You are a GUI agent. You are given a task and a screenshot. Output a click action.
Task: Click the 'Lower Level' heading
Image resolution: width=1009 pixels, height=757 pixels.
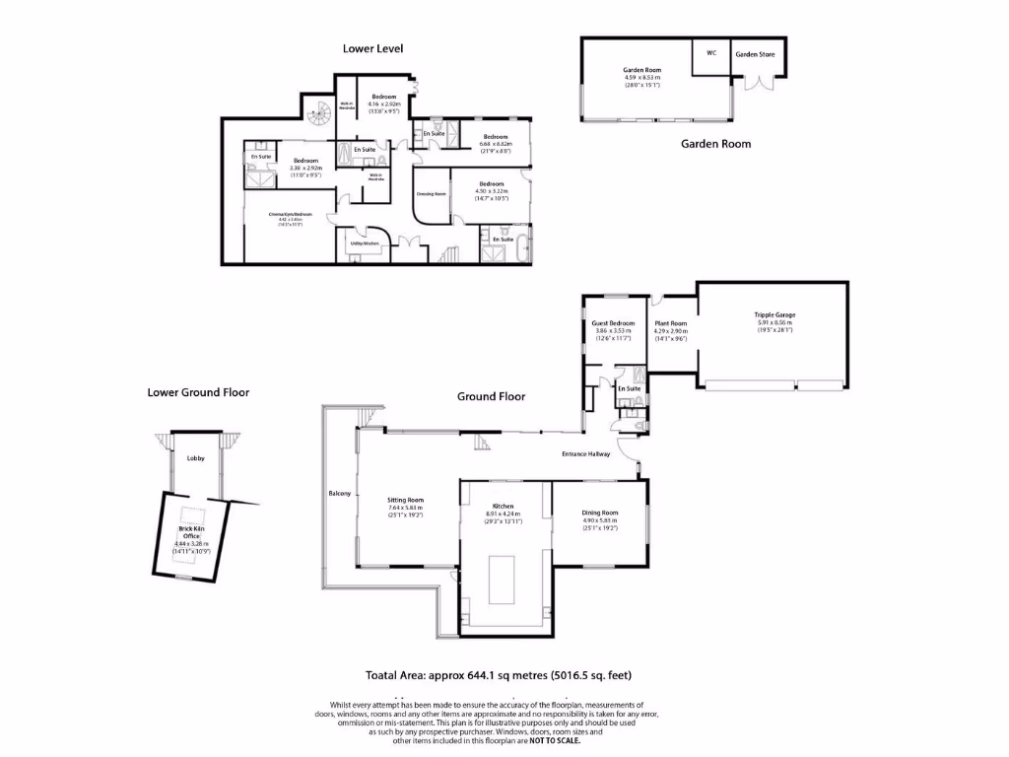point(372,48)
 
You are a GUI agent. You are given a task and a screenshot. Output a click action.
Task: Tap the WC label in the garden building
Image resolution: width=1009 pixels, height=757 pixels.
point(710,53)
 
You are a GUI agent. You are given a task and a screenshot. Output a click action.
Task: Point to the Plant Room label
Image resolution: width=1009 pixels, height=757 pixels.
point(671,323)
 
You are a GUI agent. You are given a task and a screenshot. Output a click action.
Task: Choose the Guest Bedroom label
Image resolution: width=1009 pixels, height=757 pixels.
point(613,323)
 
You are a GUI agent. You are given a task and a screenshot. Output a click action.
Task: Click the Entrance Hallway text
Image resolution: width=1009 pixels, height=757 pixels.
point(586,453)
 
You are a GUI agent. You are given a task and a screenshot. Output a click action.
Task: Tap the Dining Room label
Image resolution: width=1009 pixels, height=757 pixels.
point(599,513)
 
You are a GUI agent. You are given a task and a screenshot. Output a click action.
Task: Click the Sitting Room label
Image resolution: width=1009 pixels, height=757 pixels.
point(405,500)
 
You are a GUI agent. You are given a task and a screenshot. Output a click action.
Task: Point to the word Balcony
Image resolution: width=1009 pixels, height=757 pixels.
point(339,493)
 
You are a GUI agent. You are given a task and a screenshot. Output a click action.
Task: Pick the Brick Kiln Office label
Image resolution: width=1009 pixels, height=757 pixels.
point(192,532)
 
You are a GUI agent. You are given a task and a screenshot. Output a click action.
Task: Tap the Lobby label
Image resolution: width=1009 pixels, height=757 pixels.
point(196,458)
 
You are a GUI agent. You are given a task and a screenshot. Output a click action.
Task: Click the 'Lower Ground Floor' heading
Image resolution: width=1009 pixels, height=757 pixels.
point(198,392)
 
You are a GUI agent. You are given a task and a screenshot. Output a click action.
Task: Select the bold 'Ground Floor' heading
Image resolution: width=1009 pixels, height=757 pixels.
point(491,396)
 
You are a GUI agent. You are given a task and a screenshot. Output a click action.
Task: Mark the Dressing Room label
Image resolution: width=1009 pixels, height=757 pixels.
point(432,193)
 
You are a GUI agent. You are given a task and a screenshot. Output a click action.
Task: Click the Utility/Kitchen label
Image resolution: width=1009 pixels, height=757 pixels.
point(364,242)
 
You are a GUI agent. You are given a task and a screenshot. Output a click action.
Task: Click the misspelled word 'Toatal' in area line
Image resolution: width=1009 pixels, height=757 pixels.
point(385,675)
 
